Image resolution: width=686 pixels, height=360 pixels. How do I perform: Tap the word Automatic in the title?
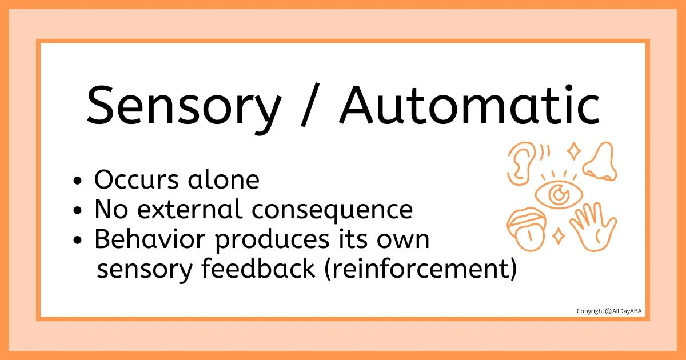(469, 105)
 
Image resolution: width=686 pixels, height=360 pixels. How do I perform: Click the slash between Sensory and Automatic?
(310, 105)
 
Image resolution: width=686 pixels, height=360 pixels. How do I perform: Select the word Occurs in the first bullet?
(136, 179)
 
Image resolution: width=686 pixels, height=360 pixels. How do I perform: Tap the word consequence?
(332, 211)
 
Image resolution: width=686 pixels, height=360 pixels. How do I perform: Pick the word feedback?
(258, 268)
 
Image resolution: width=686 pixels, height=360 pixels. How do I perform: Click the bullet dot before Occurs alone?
(78, 181)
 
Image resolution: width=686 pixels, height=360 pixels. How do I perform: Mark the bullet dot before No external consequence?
(78, 211)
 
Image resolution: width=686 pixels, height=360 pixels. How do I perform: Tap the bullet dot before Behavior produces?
(78, 241)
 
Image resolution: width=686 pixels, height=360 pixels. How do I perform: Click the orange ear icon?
(520, 164)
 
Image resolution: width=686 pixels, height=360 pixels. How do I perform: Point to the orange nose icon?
(600, 161)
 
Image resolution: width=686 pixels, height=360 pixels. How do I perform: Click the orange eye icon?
(559, 194)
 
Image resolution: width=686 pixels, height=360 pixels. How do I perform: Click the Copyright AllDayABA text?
(609, 311)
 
